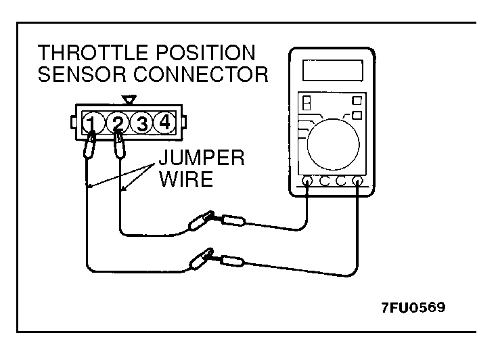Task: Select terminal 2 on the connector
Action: (x=116, y=123)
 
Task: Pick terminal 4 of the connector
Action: (x=163, y=123)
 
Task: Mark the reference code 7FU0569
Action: (x=412, y=307)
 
